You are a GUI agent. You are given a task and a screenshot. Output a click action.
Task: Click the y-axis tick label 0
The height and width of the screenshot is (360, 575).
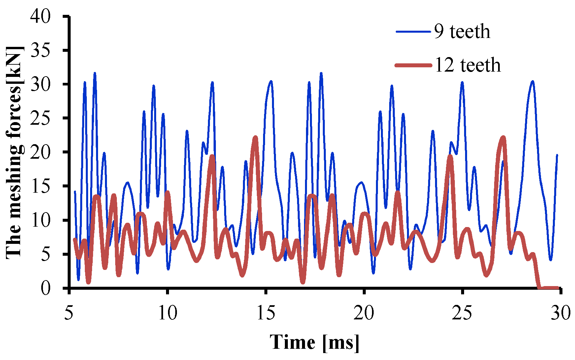(46, 288)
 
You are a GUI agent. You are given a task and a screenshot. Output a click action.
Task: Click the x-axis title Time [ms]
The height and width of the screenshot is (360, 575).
(315, 342)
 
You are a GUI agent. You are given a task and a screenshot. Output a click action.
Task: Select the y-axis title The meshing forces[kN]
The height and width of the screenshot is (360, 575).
(15, 152)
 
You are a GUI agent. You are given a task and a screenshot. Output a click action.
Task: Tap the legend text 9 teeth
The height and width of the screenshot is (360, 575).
(462, 32)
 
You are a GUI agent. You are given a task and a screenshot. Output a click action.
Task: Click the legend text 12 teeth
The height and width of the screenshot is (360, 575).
(468, 65)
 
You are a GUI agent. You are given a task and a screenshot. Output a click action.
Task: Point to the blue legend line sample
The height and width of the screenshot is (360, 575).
(413, 32)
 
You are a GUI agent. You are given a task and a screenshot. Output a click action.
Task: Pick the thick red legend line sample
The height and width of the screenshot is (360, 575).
(413, 65)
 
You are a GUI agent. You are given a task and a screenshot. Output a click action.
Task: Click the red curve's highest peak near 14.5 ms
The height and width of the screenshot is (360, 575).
(255, 138)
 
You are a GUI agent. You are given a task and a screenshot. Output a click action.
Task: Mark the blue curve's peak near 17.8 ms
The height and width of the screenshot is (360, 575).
(321, 73)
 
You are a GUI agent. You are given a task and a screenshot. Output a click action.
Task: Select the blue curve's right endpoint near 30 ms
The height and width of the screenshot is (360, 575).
(557, 155)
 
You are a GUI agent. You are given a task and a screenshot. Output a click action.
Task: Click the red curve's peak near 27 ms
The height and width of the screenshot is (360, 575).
(503, 138)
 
